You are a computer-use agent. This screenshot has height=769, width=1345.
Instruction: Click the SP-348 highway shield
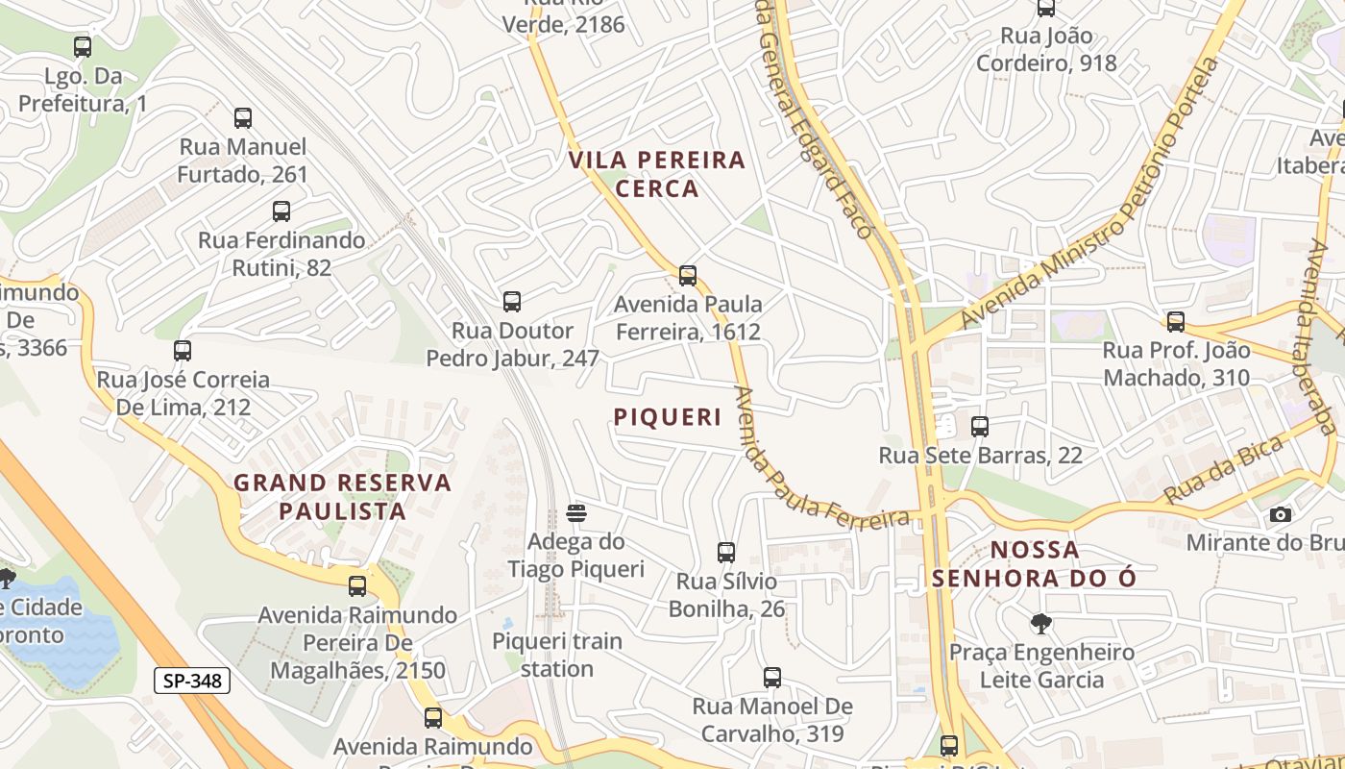tap(192, 682)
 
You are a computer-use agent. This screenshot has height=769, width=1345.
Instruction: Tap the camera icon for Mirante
tap(1280, 515)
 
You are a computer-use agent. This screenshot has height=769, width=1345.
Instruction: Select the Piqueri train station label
tap(557, 655)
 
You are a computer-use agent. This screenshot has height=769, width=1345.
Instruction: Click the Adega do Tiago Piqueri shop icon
tap(576, 513)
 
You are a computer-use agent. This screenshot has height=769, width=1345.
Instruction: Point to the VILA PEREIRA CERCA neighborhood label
tap(657, 174)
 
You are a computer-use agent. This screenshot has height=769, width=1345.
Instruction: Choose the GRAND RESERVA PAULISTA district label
tap(343, 497)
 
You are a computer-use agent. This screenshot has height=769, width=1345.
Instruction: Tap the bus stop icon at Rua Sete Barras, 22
tap(980, 427)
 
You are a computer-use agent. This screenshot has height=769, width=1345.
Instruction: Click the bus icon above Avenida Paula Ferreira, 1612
tap(688, 276)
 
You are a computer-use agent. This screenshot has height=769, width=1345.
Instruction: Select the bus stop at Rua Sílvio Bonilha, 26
tap(726, 553)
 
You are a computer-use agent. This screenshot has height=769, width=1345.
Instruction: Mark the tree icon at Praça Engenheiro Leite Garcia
tap(1040, 624)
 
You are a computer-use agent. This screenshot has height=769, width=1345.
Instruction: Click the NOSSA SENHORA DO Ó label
tap(1034, 564)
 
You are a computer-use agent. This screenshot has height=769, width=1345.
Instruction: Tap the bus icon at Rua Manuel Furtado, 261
tap(243, 118)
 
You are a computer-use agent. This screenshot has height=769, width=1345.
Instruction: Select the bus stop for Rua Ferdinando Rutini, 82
tap(281, 211)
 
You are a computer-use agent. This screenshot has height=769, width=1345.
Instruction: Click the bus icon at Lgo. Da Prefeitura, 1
tap(83, 46)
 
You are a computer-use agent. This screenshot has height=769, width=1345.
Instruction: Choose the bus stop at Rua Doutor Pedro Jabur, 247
tap(512, 302)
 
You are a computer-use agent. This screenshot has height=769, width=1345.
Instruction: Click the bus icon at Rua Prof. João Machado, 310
tap(1176, 322)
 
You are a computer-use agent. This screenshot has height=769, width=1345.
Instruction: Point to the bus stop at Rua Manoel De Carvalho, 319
tap(772, 678)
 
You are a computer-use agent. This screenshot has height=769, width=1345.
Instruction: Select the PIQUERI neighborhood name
tap(668, 417)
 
